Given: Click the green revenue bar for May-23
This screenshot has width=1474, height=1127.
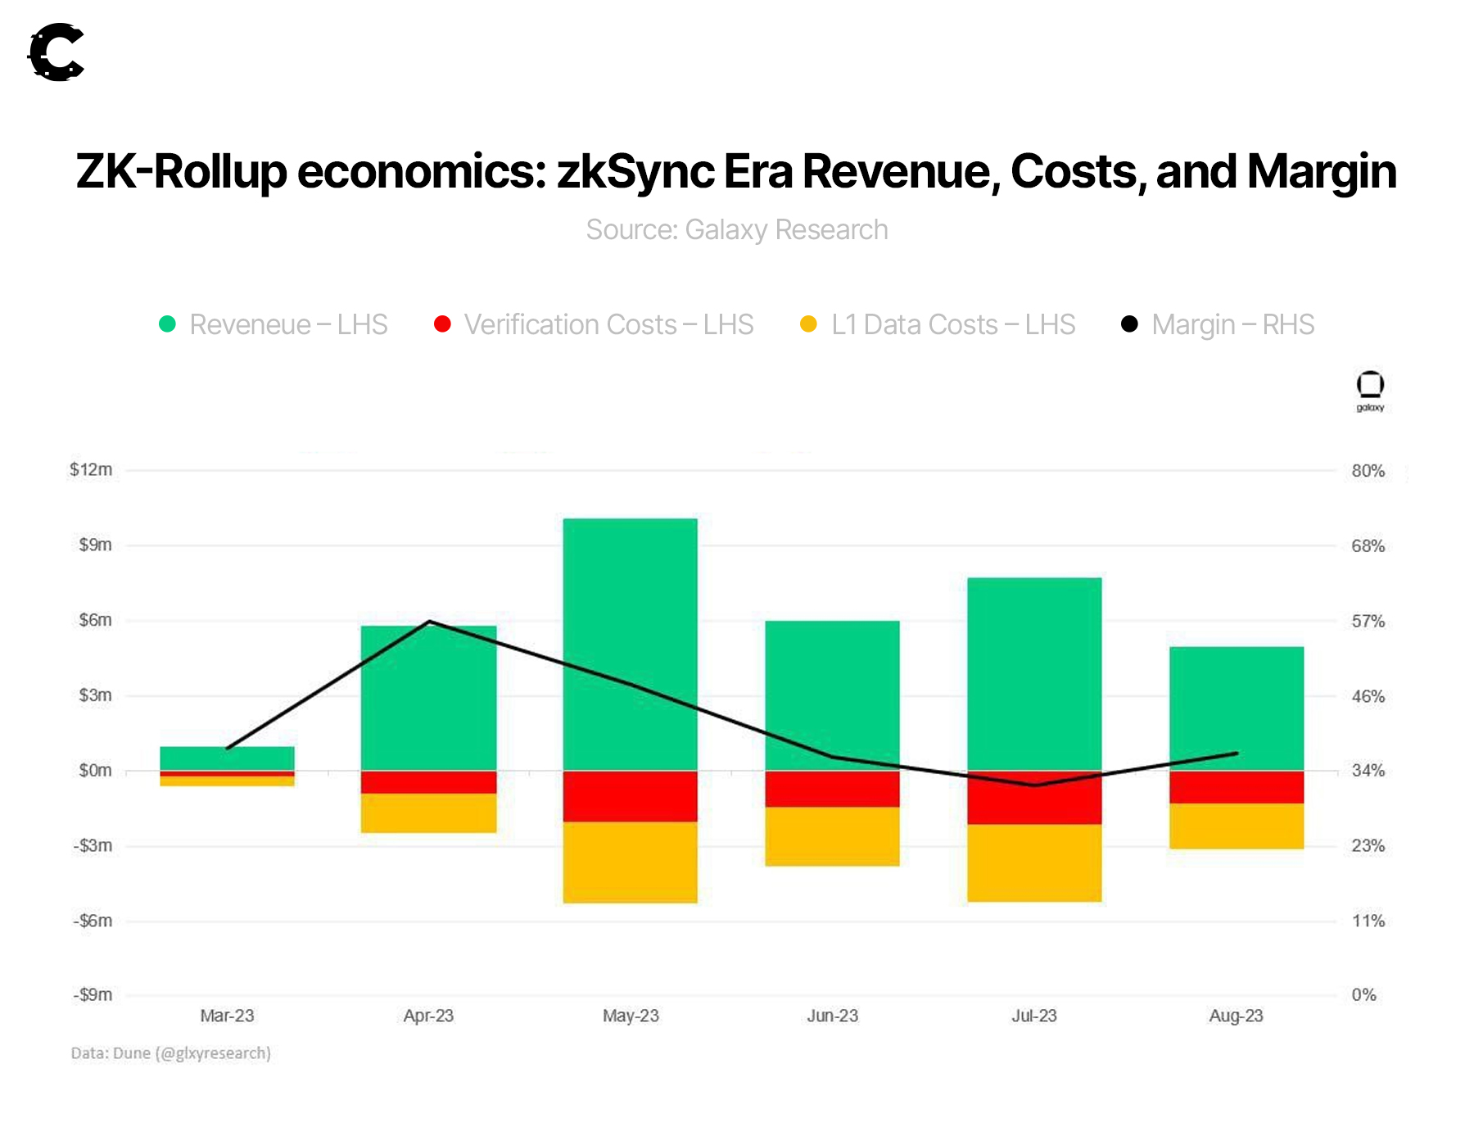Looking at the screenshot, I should pyautogui.click(x=630, y=644).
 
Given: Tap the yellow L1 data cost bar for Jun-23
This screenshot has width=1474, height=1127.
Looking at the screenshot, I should pyautogui.click(x=832, y=836).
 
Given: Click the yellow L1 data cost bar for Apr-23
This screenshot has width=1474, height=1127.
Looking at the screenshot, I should pyautogui.click(x=428, y=813).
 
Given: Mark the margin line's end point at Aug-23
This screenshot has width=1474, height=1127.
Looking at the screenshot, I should pyautogui.click(x=1237, y=754).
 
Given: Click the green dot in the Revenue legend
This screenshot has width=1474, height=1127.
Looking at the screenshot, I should pyautogui.click(x=167, y=324).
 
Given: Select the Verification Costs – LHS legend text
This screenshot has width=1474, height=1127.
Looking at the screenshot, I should pyautogui.click(x=608, y=325).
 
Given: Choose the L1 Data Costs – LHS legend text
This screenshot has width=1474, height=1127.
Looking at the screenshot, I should pyautogui.click(x=953, y=325).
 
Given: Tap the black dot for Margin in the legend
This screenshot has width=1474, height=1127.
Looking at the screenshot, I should pyautogui.click(x=1129, y=324).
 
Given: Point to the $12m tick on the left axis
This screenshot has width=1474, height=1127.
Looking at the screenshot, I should pyautogui.click(x=91, y=470).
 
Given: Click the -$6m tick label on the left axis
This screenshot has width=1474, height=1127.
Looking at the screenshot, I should pyautogui.click(x=93, y=921).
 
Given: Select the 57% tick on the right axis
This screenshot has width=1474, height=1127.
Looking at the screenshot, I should pyautogui.click(x=1368, y=622).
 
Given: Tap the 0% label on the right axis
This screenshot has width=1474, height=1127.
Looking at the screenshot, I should pyautogui.click(x=1363, y=995).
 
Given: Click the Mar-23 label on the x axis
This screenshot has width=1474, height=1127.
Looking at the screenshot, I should pyautogui.click(x=227, y=1016).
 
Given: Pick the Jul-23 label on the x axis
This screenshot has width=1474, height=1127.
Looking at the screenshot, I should pyautogui.click(x=1034, y=1016).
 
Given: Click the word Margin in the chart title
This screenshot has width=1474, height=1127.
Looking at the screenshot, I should pyautogui.click(x=1321, y=172).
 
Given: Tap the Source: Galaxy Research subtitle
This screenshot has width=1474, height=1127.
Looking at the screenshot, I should pyautogui.click(x=737, y=230).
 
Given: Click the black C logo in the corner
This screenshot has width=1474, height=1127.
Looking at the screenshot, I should pyautogui.click(x=57, y=52).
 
